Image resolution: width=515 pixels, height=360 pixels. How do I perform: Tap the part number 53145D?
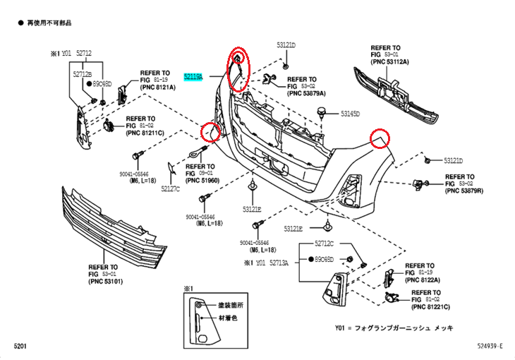(x=350, y=113)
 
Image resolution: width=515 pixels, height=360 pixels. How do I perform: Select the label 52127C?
(x=170, y=189)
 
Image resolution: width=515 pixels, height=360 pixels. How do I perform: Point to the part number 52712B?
(x=83, y=73)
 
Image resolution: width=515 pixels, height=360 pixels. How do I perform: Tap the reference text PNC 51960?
(x=203, y=181)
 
